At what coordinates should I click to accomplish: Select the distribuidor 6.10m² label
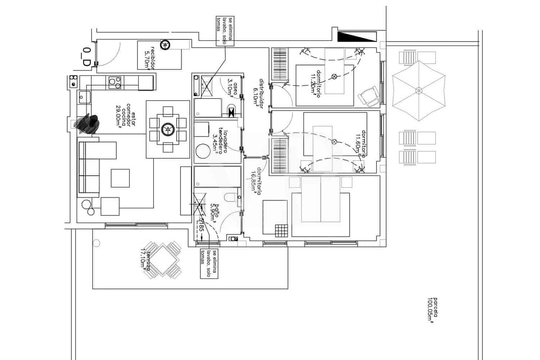point(259,93)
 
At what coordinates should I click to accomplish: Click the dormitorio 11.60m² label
point(361,144)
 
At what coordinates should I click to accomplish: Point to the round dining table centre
point(167,129)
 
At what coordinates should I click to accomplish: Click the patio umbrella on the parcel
point(418,90)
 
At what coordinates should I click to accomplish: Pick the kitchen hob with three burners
point(115,82)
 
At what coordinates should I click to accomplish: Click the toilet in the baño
point(230,198)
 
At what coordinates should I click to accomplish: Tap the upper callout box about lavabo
point(225,31)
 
